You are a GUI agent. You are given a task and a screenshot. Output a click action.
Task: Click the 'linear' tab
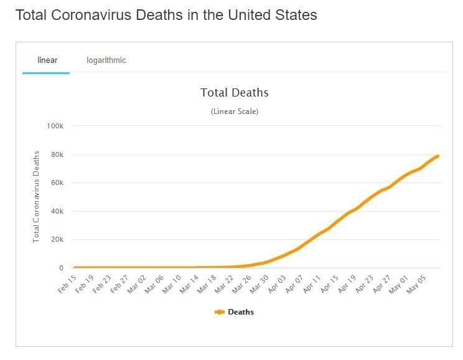coord(47,60)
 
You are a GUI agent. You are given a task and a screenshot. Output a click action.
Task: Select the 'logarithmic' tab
coord(106,60)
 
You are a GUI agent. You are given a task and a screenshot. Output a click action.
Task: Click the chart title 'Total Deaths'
coord(234,93)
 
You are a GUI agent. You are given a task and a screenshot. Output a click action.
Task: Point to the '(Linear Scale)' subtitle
coord(234,111)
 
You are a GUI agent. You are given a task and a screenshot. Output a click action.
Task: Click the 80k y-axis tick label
coord(57,154)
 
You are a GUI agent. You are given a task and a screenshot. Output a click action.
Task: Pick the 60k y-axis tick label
coord(57,183)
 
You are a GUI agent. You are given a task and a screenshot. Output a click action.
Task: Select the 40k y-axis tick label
coord(57,211)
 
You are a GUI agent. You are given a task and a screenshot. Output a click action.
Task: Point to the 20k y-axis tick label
coord(57,240)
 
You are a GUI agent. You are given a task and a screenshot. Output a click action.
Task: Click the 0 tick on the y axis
coord(61,268)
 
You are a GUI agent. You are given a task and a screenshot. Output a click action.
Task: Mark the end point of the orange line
coord(438,156)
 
